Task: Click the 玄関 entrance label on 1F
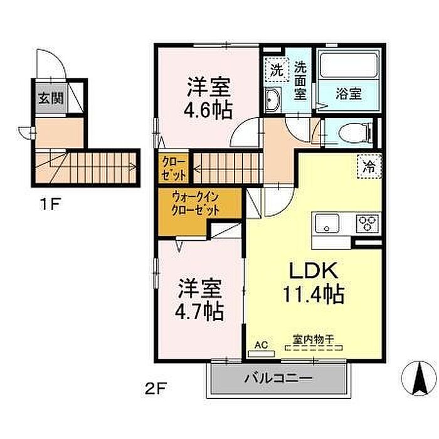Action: (51, 98)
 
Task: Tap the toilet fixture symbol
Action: (355, 132)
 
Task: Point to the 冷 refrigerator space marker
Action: (369, 167)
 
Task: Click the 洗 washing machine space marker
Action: (277, 70)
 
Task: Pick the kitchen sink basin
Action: (327, 223)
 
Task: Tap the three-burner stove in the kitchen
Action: (368, 223)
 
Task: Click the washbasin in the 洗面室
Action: (273, 99)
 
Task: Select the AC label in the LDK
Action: (262, 345)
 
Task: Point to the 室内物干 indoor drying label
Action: (314, 340)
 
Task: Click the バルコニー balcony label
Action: (278, 379)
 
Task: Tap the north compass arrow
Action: (419, 379)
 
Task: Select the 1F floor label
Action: (50, 204)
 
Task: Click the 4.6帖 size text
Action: (208, 110)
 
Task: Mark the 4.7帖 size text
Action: (199, 310)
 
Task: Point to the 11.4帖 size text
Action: (314, 294)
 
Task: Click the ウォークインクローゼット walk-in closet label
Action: (195, 204)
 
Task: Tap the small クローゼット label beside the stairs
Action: (174, 168)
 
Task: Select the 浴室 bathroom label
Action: (349, 93)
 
